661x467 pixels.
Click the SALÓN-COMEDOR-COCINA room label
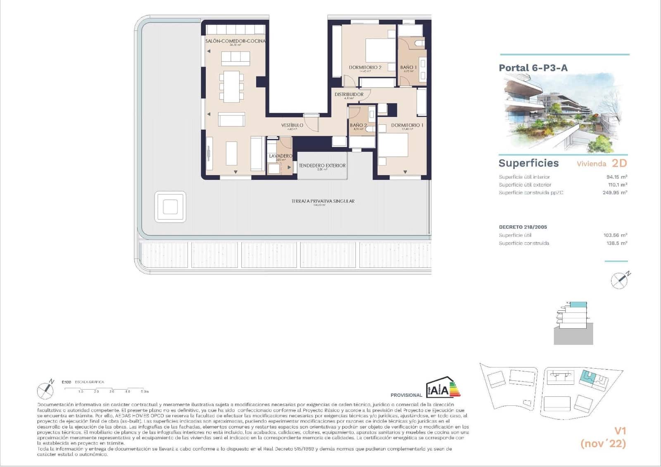(235, 41)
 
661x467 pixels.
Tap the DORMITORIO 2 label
(365, 67)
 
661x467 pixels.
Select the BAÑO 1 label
(408, 67)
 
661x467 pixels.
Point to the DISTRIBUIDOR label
(349, 95)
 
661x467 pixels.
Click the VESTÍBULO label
(292, 125)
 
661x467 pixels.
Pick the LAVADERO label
(281, 156)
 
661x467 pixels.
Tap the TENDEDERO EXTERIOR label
(322, 166)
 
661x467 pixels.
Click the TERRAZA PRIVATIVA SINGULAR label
(323, 201)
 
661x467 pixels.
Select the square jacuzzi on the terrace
(170, 207)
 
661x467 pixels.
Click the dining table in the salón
(232, 86)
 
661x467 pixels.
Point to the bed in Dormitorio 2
(380, 51)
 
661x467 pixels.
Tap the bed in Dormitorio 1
(393, 145)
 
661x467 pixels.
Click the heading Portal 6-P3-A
(533, 68)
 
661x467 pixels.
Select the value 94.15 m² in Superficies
(616, 177)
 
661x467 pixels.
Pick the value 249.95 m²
(614, 193)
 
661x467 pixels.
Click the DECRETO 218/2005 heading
(523, 227)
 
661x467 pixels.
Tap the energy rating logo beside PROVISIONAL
(443, 388)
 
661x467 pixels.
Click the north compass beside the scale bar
(45, 390)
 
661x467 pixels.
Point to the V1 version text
(620, 431)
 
